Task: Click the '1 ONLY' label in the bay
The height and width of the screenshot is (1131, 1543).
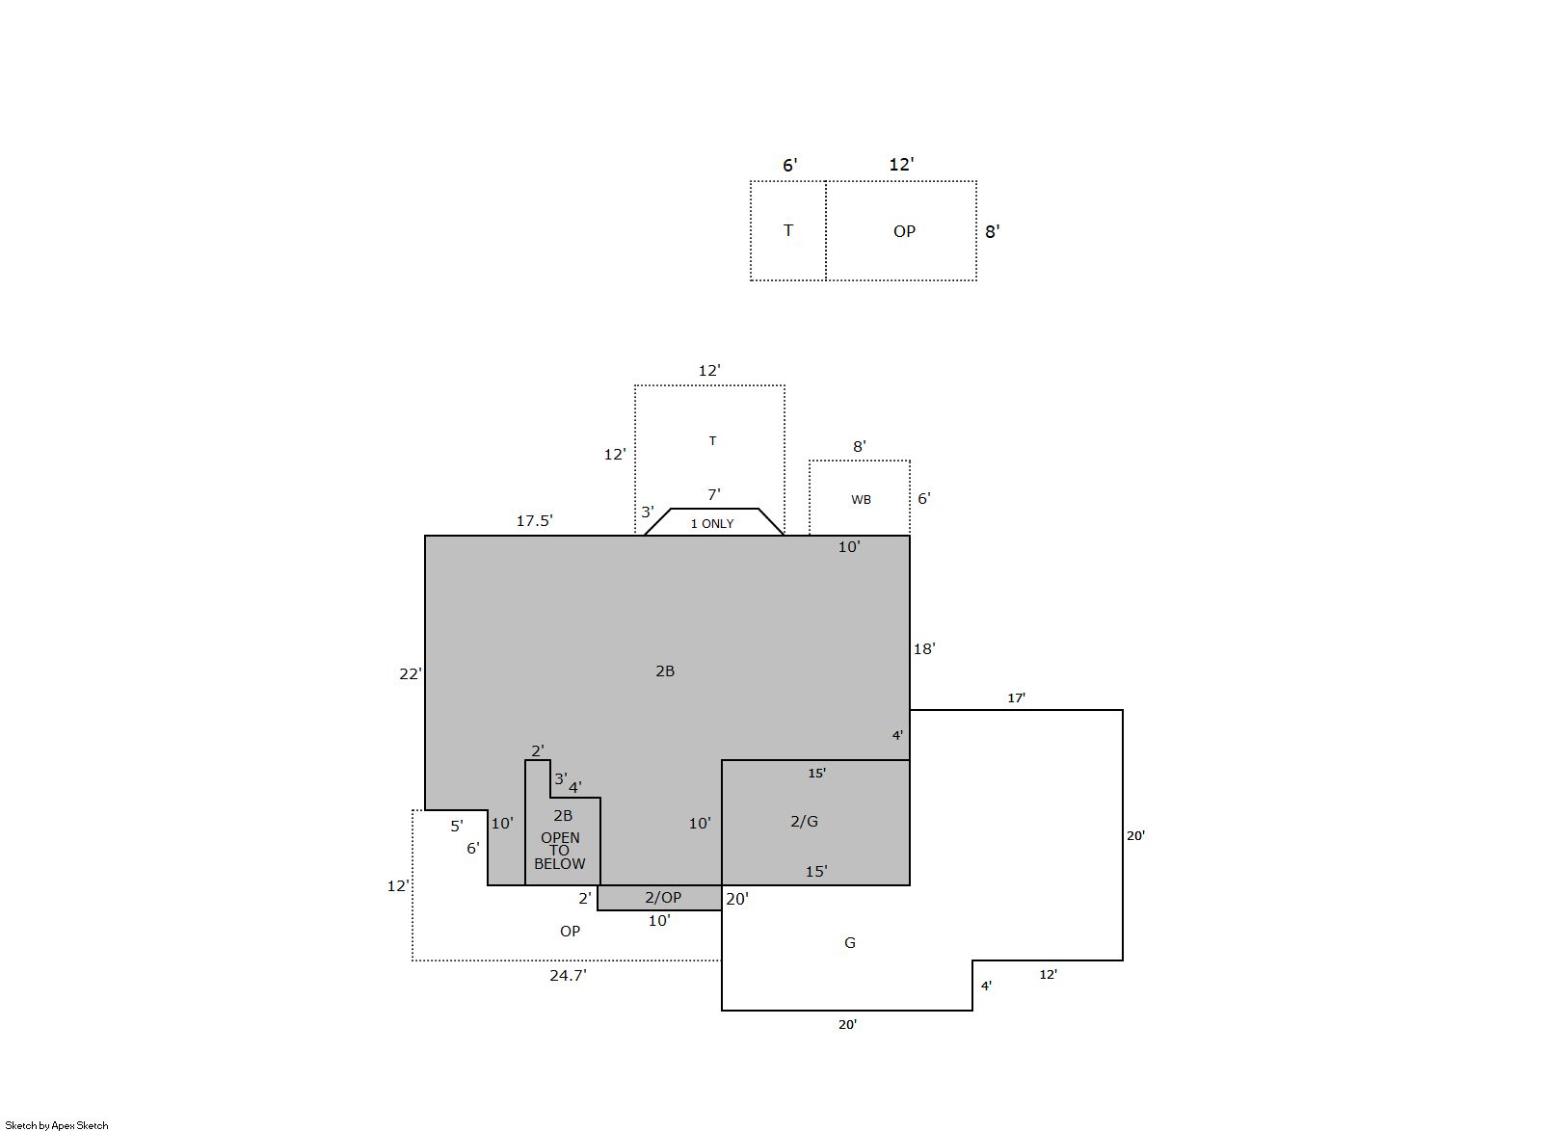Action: pyautogui.click(x=711, y=524)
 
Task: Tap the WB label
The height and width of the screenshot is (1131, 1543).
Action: pyautogui.click(x=861, y=500)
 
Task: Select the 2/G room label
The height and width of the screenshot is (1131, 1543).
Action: pyautogui.click(x=804, y=821)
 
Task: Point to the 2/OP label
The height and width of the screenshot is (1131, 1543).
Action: pyautogui.click(x=663, y=898)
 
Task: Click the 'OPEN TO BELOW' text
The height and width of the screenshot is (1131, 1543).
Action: pyautogui.click(x=559, y=851)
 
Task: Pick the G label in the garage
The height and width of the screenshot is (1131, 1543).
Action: pyautogui.click(x=849, y=943)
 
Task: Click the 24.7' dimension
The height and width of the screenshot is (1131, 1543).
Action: pyautogui.click(x=568, y=976)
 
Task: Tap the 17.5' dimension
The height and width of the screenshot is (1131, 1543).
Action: pyautogui.click(x=535, y=521)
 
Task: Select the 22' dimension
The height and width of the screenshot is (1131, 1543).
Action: pyautogui.click(x=411, y=674)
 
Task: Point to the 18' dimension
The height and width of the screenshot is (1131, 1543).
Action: pyautogui.click(x=924, y=649)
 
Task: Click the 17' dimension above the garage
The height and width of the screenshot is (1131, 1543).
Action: pyautogui.click(x=1016, y=698)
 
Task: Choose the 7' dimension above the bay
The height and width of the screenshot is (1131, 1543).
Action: pyautogui.click(x=713, y=494)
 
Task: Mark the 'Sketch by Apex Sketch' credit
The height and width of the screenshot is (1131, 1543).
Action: pyautogui.click(x=57, y=1125)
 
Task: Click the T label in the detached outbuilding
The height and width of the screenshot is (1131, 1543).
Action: pyautogui.click(x=788, y=230)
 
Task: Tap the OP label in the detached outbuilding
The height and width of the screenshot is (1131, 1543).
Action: pyautogui.click(x=904, y=231)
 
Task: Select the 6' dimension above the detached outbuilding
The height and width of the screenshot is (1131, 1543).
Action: pyautogui.click(x=789, y=165)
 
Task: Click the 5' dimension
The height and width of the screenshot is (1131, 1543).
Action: pyautogui.click(x=457, y=826)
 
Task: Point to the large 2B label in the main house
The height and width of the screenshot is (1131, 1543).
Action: pyautogui.click(x=665, y=671)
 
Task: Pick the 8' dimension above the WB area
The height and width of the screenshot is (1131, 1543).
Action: pyautogui.click(x=859, y=447)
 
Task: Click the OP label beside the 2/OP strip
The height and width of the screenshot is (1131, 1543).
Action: pyautogui.click(x=570, y=932)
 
